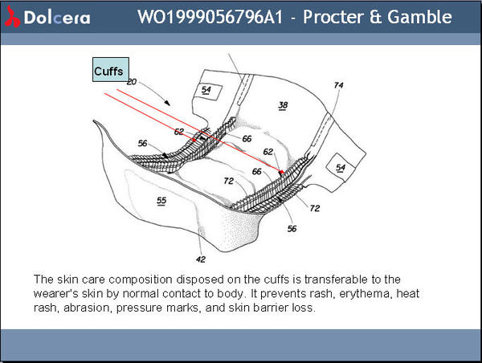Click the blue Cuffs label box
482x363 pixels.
pyautogui.click(x=108, y=71)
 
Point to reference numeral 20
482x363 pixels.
pyautogui.click(x=132, y=83)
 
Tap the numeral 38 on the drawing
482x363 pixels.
pyautogui.click(x=282, y=105)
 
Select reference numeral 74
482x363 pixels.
pyautogui.click(x=338, y=85)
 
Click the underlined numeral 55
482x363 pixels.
pyautogui.click(x=161, y=200)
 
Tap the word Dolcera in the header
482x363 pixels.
pyautogui.click(x=52, y=17)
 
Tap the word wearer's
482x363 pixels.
pyautogui.click(x=55, y=293)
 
